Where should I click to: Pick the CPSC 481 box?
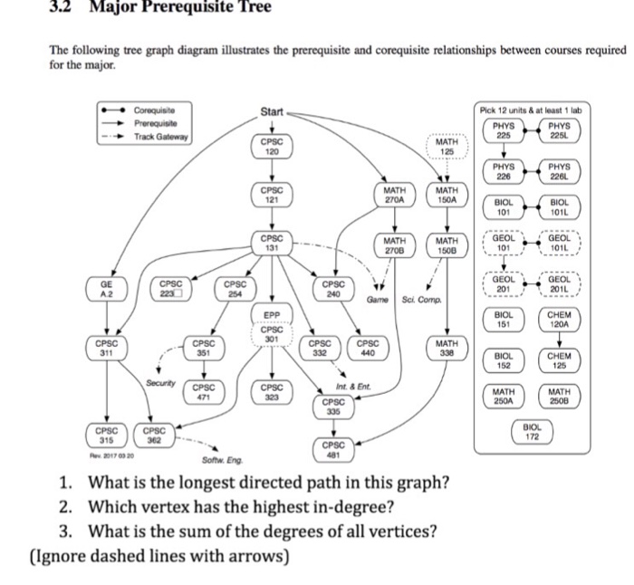pos(332,450)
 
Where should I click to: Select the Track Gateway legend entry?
pos(161,136)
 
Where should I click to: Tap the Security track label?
pos(160,384)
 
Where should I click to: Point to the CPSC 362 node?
pos(154,435)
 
